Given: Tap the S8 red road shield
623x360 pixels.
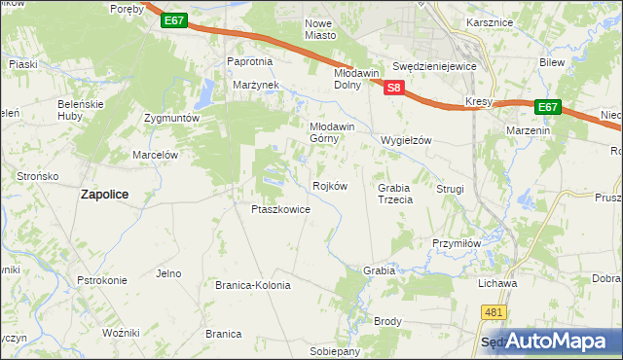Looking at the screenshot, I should [x=393, y=88].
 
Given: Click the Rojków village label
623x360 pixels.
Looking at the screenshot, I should [x=329, y=186].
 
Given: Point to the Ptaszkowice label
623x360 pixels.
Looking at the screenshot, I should [x=280, y=209].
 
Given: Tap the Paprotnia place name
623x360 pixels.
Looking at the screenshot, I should [x=250, y=61].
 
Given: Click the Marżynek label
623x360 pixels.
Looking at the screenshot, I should [x=256, y=85].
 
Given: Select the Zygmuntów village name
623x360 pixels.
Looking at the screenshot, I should [x=171, y=118].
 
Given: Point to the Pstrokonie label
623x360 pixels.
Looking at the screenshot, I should [x=102, y=280].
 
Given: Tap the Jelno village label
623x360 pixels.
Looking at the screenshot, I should [x=168, y=273].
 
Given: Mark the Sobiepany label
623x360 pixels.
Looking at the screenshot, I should [x=335, y=350].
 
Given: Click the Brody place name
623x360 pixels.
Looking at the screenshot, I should [x=387, y=321].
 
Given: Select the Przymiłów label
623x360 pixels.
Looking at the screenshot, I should [x=457, y=244].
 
